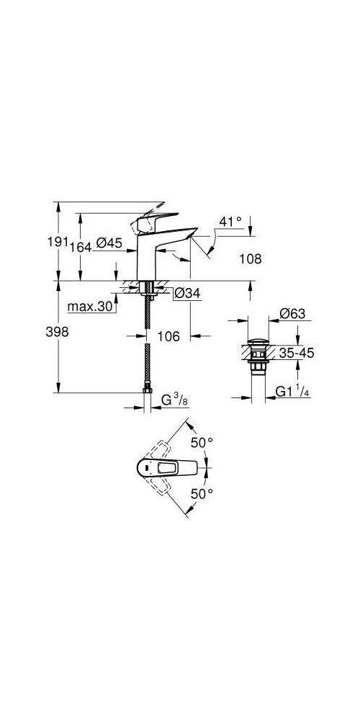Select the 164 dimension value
81,246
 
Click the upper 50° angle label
202,443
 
